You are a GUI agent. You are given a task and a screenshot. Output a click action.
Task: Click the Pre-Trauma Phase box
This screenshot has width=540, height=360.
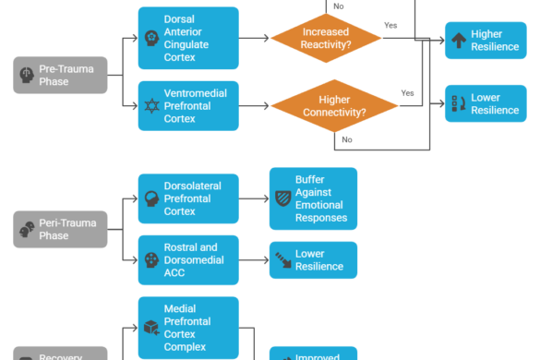click(60, 75)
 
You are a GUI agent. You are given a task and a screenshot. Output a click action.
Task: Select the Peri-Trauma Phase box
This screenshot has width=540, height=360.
click(60, 229)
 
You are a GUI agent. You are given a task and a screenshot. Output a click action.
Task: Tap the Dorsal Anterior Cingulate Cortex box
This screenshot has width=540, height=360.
click(188, 38)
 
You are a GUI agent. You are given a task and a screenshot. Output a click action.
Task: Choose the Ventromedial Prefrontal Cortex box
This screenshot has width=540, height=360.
click(188, 105)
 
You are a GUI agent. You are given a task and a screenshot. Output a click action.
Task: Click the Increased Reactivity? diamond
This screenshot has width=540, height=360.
click(326, 38)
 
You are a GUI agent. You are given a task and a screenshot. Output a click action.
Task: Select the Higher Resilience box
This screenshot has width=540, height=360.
click(486, 41)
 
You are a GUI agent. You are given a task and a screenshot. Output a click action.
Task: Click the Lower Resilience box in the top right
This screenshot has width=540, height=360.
click(486, 103)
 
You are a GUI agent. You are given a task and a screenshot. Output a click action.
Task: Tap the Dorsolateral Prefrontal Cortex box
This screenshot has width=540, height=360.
click(188, 198)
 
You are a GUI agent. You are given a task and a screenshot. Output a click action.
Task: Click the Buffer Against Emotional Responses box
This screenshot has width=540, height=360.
click(313, 198)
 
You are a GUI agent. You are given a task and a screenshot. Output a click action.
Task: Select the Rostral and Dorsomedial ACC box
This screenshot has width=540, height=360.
click(188, 259)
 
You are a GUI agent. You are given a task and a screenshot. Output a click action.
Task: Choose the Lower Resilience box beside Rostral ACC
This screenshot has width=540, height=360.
click(313, 260)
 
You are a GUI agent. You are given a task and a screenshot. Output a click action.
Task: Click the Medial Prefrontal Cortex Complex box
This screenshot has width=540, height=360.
click(188, 328)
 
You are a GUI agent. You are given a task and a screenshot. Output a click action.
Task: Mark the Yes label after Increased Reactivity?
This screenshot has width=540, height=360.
click(390, 26)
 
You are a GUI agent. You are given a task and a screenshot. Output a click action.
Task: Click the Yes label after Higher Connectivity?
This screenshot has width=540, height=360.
click(407, 93)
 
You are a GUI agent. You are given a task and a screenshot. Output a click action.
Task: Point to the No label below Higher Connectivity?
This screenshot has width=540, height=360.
click(346, 140)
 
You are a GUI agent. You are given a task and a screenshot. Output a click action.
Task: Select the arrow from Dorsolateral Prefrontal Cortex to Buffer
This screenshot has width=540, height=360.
click(254, 198)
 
